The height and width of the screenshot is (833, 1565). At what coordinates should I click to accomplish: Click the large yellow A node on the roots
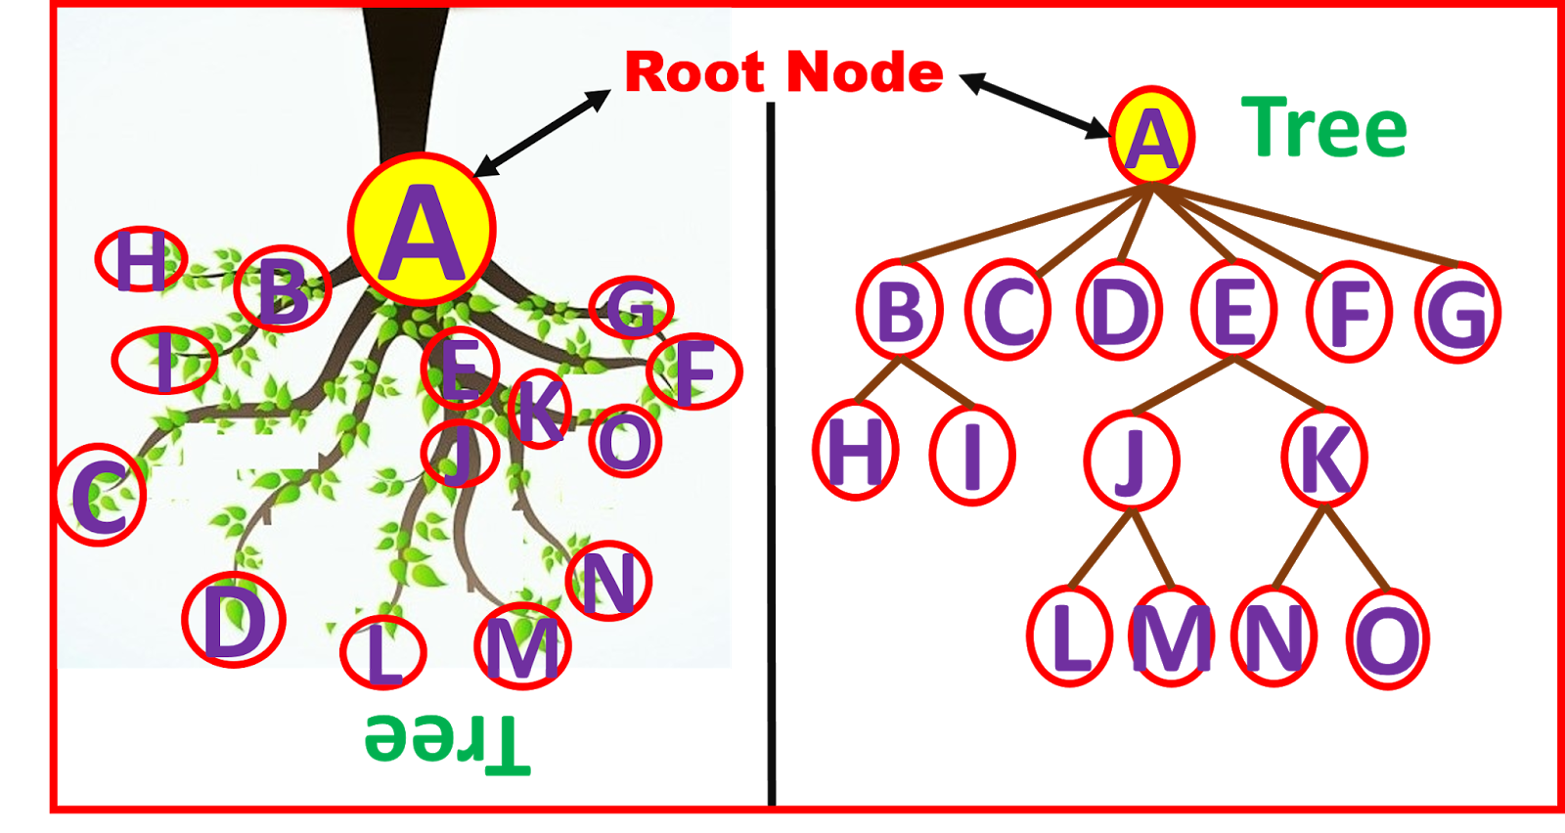coord(422,230)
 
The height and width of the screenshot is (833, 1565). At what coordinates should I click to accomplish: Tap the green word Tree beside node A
coord(1324,129)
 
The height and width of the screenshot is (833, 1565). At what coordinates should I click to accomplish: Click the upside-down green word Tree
coord(448,740)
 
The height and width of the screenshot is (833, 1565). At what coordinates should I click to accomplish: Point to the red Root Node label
coord(783,73)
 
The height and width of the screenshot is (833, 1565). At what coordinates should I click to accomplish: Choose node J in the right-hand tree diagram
coord(1131,458)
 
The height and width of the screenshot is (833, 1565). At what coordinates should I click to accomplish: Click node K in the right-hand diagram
coord(1324,458)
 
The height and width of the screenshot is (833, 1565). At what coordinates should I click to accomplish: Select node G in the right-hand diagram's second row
coord(1457,313)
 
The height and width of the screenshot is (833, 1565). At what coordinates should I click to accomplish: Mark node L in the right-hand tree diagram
coord(1070,637)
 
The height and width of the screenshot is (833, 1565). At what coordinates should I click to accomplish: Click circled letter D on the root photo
coord(234,620)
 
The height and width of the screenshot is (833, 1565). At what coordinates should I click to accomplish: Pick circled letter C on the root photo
coord(100,495)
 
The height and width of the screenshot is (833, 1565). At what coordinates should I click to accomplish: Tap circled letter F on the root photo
coord(694,372)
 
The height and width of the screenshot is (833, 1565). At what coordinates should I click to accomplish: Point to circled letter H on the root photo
coord(141,260)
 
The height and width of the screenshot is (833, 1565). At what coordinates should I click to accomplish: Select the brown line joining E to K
coord(1281,383)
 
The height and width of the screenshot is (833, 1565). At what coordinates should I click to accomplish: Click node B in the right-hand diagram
coord(900,311)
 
